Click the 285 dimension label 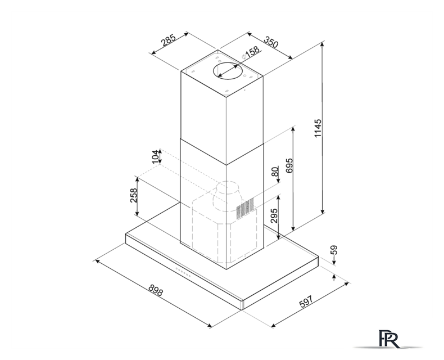pyautogui.click(x=169, y=40)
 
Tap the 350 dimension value pyautogui.click(x=271, y=42)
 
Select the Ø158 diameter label pyautogui.click(x=250, y=52)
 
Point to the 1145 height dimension pyautogui.click(x=318, y=128)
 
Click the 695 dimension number pyautogui.click(x=289, y=165)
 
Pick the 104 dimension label pyautogui.click(x=156, y=157)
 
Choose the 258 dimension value pyautogui.click(x=133, y=195)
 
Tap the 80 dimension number pyautogui.click(x=275, y=172)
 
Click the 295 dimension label pyautogui.click(x=274, y=216)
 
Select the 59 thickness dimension pyautogui.click(x=334, y=250)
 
